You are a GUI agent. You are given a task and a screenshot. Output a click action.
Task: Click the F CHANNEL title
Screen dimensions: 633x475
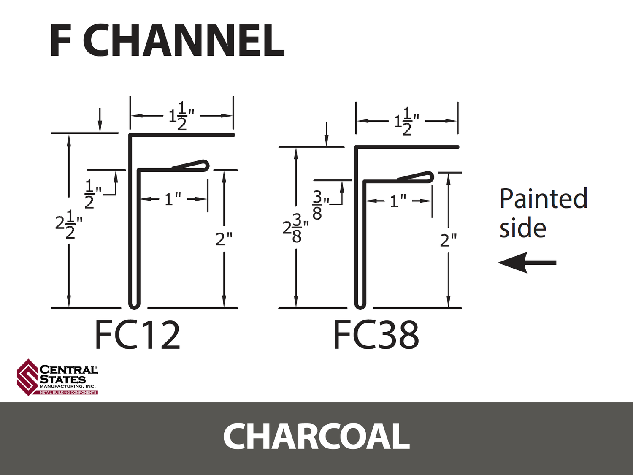167,41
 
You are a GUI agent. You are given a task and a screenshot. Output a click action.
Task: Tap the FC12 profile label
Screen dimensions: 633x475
138,336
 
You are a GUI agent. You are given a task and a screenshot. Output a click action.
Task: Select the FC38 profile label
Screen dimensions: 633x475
376,336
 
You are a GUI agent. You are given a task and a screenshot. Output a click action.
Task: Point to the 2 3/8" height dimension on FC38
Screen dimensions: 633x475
295,230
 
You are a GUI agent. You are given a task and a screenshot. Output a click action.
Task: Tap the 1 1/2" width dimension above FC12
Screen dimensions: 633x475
181,116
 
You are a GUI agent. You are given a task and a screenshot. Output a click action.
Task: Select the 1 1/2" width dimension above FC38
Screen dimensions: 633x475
407,121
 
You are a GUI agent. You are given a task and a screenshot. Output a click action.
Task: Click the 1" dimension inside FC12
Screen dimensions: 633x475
173,199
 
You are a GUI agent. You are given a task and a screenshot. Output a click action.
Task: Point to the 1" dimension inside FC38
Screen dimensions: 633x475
398,201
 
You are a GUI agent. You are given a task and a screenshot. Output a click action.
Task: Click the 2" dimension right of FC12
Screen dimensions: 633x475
224,239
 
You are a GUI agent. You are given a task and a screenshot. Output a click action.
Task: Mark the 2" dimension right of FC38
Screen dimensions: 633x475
449,240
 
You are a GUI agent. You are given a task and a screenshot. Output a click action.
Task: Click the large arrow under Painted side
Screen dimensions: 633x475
527,263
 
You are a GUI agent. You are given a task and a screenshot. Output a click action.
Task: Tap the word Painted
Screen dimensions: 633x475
543,198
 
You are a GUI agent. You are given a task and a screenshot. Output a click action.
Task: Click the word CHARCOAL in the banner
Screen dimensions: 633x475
316,436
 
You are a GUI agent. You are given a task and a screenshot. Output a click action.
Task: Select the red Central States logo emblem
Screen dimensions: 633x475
28,377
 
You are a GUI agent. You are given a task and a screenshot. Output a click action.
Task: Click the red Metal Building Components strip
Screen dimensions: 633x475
68,393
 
